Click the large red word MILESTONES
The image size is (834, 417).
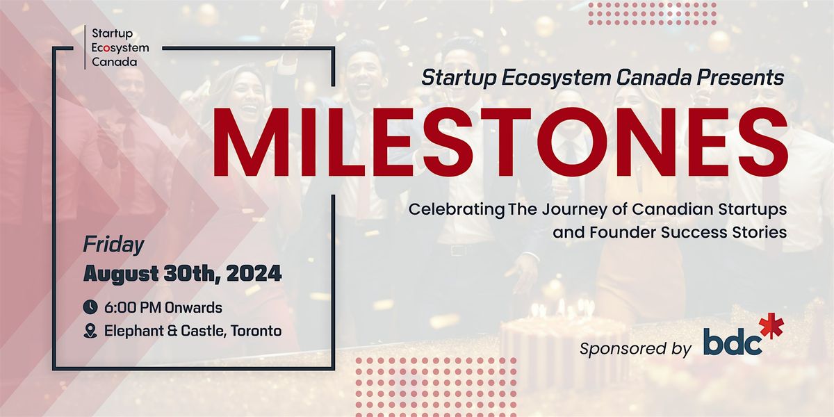tap(500, 142)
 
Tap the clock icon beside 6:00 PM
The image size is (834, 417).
tap(90, 307)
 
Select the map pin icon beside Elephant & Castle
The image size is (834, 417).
tap(90, 331)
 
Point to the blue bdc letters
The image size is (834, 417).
tap(733, 341)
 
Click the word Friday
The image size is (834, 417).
tap(113, 245)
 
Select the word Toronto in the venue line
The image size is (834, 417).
tap(256, 331)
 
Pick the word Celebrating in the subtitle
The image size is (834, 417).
tap(457, 210)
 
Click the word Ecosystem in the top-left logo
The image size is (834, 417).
tap(120, 48)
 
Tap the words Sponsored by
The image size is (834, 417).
tap(635, 349)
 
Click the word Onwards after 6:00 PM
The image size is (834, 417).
tap(193, 308)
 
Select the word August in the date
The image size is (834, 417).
tap(121, 275)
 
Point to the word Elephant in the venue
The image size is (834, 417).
tap(133, 331)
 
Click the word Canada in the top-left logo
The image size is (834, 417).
tap(114, 62)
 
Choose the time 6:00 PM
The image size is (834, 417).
tap(133, 308)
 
